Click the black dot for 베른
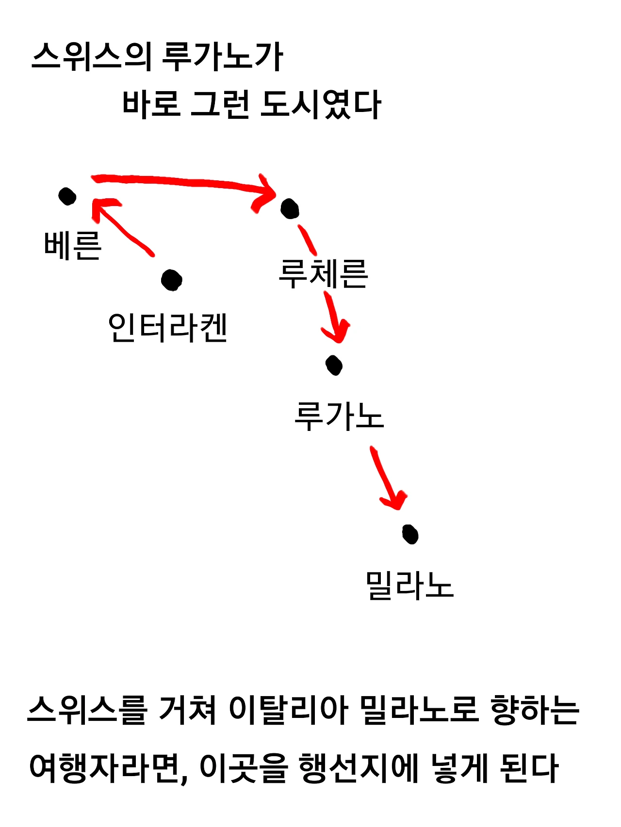(67, 196)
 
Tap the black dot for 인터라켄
(172, 280)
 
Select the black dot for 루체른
(290, 209)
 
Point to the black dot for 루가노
(334, 365)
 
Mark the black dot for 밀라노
(410, 534)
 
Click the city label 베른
(73, 245)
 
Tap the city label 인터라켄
(167, 328)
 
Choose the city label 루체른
(323, 274)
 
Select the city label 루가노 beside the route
(339, 416)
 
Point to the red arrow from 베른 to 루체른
(184, 183)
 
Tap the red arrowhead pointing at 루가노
(336, 330)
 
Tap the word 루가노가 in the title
(223, 57)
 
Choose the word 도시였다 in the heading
(321, 104)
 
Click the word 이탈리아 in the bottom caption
(289, 710)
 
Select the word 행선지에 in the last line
(359, 768)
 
